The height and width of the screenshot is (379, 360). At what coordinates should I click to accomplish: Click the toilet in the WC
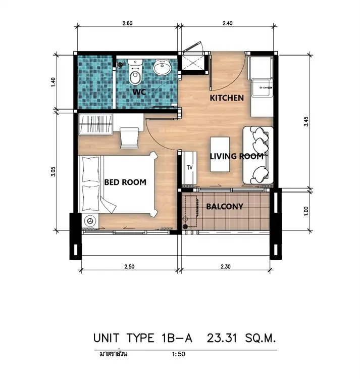tap(135, 72)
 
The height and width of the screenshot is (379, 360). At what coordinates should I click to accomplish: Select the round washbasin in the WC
tap(162, 67)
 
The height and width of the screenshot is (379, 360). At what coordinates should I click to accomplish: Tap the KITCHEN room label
tap(227, 98)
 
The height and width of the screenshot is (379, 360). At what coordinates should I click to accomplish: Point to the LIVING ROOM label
tap(237, 156)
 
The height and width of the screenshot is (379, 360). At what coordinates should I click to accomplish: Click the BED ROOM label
tap(125, 182)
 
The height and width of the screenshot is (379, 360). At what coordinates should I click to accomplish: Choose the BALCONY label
tap(225, 206)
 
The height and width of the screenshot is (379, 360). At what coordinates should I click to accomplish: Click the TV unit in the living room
tap(190, 168)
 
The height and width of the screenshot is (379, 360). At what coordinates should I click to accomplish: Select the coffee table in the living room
tap(220, 154)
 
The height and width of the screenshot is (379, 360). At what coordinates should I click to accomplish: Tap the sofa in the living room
tap(258, 155)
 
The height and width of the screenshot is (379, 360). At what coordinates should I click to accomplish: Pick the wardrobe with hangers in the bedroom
tap(95, 124)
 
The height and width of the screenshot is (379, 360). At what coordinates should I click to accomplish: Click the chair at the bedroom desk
tap(129, 138)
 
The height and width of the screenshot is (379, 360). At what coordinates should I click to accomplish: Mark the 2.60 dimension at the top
tap(127, 23)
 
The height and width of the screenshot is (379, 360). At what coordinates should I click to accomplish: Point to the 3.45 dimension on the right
tap(306, 121)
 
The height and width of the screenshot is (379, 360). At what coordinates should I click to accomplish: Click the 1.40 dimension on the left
tap(54, 82)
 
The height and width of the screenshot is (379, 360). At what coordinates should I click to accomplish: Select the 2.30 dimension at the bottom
tap(225, 267)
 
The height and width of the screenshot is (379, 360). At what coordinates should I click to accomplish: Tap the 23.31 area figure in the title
tap(222, 338)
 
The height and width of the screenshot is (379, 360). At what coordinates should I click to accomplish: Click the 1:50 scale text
tap(179, 354)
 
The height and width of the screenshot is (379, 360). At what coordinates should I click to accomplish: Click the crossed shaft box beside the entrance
tap(192, 63)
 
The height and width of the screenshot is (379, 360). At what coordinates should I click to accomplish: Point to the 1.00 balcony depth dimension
tap(306, 211)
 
